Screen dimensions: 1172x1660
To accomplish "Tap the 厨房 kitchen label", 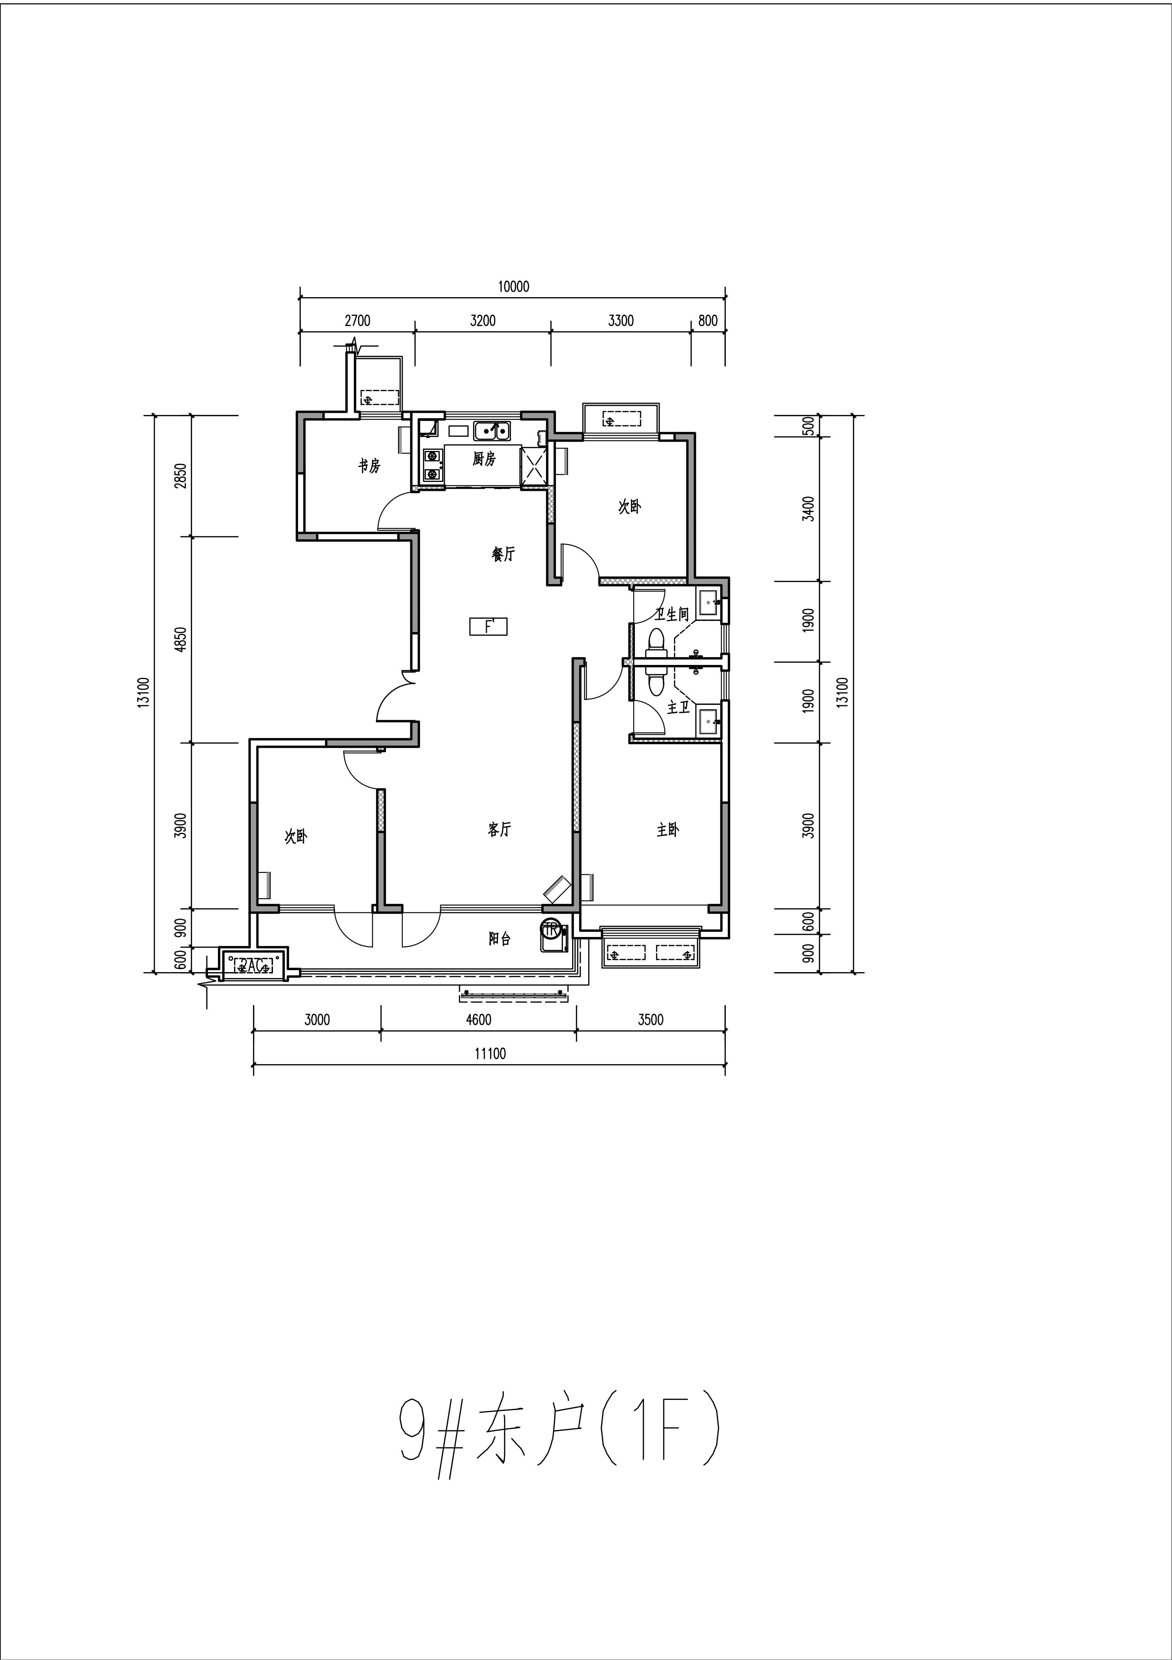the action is [484, 459].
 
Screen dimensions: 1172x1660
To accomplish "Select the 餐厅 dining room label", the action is [503, 554].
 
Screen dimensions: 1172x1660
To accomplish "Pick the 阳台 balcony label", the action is [499, 939].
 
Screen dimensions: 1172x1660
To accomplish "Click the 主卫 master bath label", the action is [678, 707].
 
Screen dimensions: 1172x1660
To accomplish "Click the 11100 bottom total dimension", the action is [490, 1054].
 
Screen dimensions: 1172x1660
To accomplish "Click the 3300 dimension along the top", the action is [621, 321].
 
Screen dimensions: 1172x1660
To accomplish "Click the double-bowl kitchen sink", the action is [492, 431].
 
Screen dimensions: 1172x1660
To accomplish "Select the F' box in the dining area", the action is [488, 626].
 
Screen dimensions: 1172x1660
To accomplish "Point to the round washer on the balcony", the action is [551, 929].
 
